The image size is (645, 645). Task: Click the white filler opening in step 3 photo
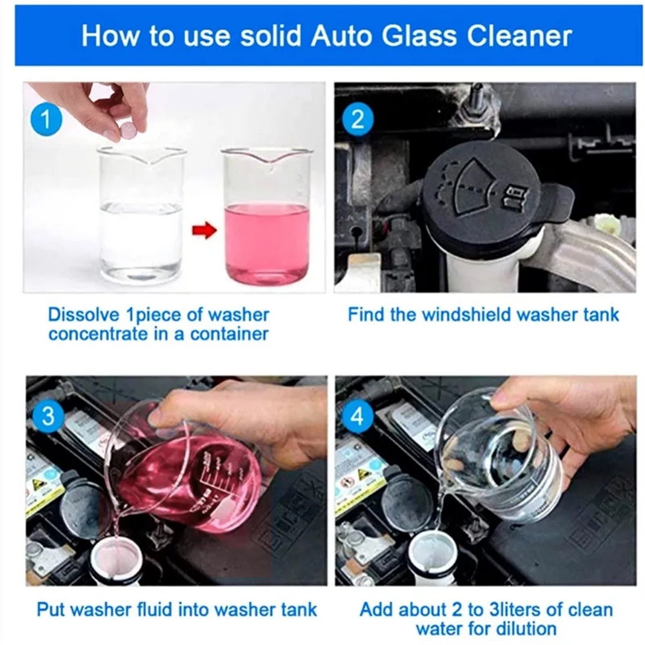point(115,559)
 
